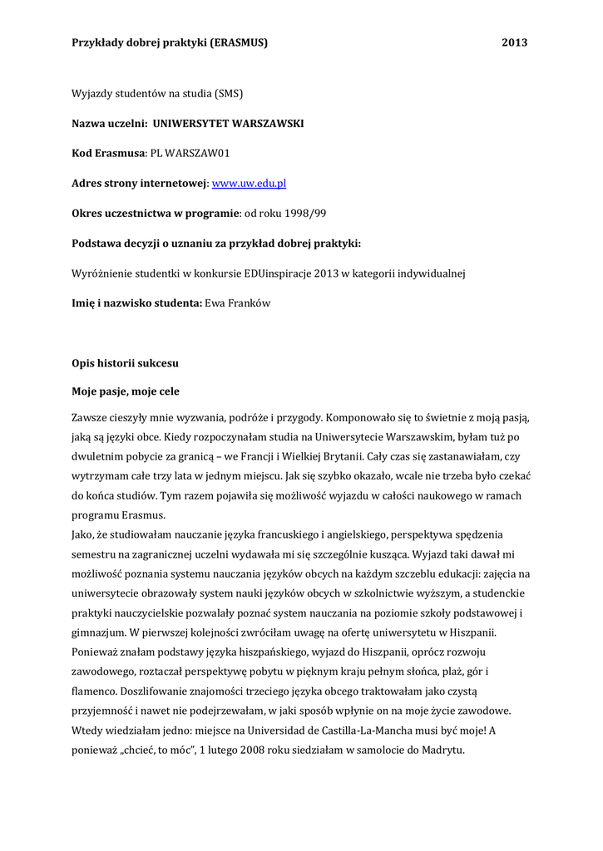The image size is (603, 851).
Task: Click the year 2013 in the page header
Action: click(515, 42)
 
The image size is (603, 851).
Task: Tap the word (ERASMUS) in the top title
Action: click(239, 42)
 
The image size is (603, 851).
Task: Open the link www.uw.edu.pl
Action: click(250, 184)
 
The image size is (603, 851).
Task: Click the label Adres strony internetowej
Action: click(139, 184)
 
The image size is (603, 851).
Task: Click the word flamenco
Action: click(94, 691)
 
